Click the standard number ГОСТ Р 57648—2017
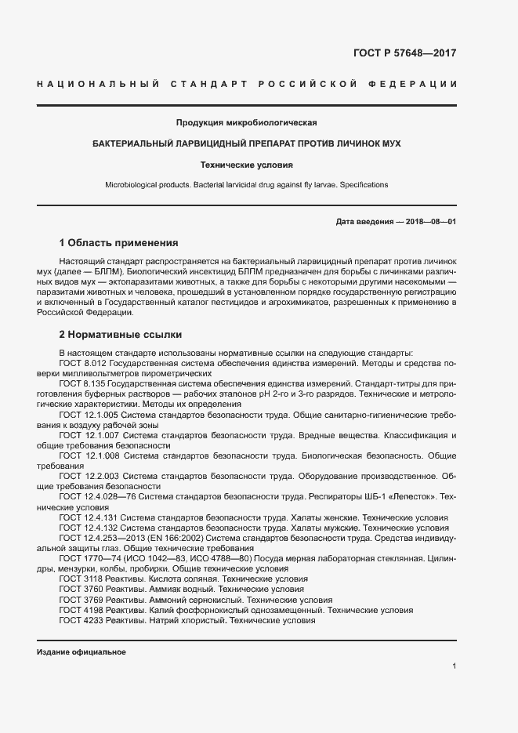coord(405,54)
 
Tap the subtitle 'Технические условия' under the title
coord(246,165)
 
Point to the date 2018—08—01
coord(428,222)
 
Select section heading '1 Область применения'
coord(119,243)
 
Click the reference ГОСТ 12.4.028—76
coord(97,497)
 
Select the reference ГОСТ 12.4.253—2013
coord(102,538)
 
